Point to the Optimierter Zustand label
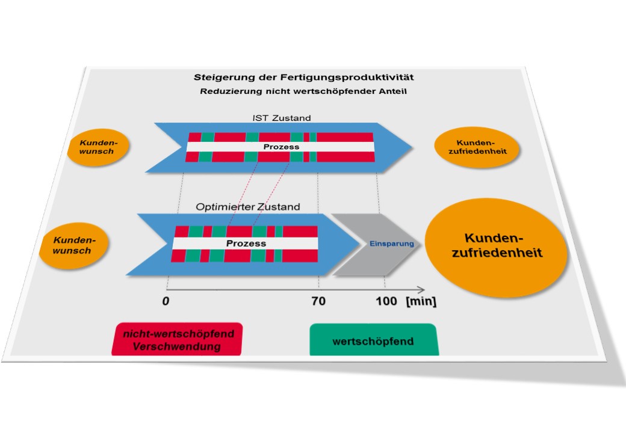(247, 207)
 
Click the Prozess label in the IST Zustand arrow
(281, 147)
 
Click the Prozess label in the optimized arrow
(246, 244)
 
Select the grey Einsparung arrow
(382, 244)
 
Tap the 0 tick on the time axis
(165, 301)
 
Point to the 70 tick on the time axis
(318, 301)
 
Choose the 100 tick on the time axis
(386, 301)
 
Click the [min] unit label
(421, 301)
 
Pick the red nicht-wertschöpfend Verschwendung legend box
(177, 340)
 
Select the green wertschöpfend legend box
(373, 341)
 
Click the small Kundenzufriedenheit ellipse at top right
(477, 147)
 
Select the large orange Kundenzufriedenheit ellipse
(497, 247)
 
